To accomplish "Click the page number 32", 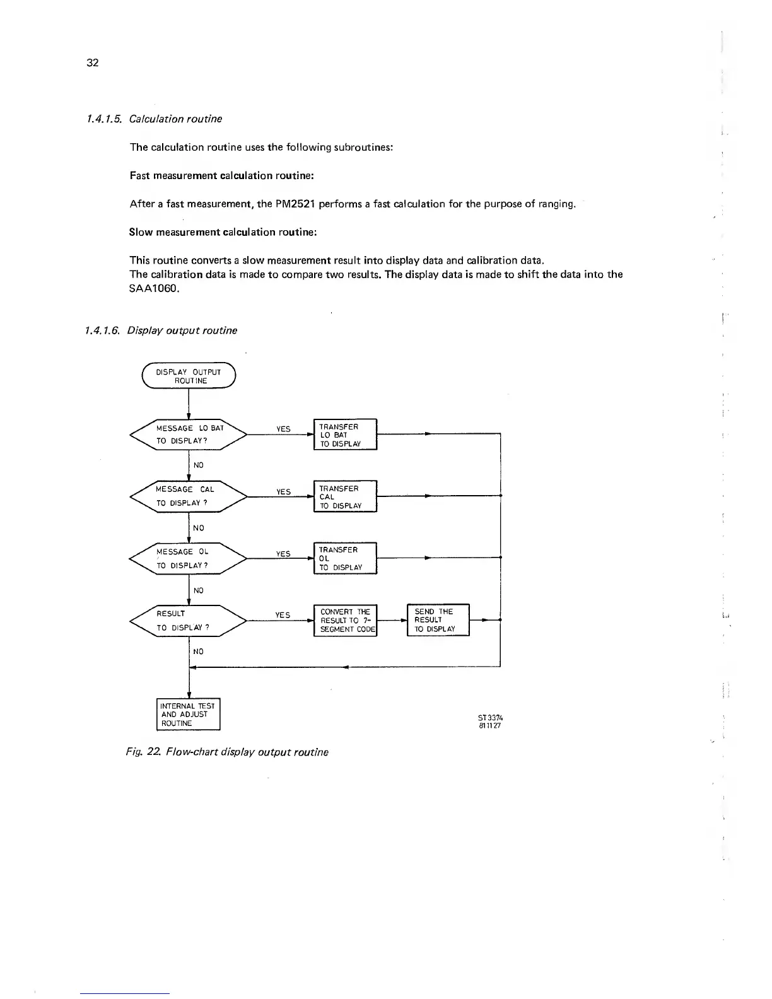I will (92, 62).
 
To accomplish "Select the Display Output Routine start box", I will (189, 377).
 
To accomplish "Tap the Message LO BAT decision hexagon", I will (189, 434).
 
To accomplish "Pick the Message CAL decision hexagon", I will (188, 496).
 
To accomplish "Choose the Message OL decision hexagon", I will (188, 558).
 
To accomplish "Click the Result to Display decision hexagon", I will (188, 620).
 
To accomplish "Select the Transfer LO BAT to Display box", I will (344, 435).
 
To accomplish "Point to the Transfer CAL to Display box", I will (344, 496).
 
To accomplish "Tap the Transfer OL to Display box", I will (344, 558).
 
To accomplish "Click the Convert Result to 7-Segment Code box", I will (344, 621).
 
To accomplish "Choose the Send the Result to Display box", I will (438, 620).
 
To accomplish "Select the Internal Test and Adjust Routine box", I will (188, 714).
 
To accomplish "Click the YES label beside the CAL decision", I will (283, 492).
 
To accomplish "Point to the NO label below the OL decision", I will (199, 590).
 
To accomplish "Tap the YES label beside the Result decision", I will (283, 615).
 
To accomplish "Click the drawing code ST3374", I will (490, 718).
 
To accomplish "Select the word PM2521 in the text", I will (296, 204).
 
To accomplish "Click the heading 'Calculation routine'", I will (175, 119).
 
